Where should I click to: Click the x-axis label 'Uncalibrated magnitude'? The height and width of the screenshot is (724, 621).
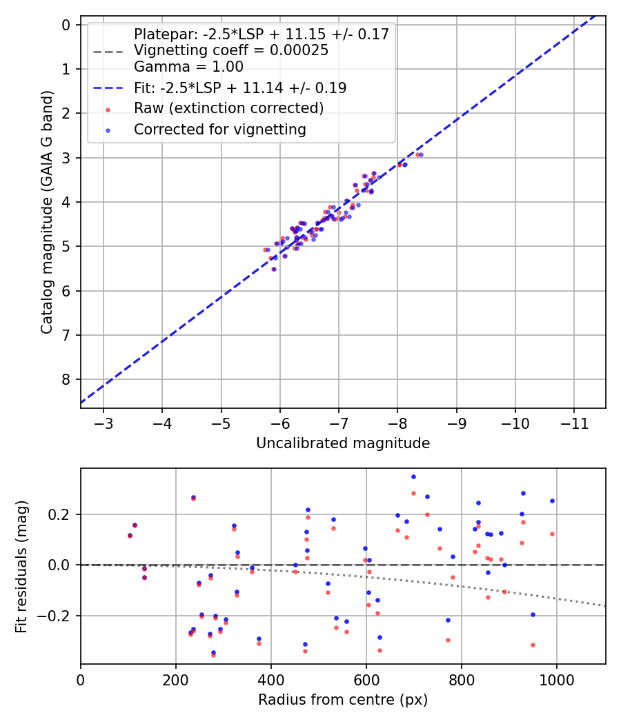coord(343,443)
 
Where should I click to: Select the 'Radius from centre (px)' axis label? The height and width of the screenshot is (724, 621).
coord(343,700)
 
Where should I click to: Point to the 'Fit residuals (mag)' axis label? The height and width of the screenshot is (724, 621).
coord(21,566)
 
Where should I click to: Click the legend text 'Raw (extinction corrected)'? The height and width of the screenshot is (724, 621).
coord(228,108)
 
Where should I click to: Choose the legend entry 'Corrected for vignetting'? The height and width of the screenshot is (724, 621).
coord(219,129)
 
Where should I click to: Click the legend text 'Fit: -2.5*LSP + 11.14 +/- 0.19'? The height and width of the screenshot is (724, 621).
coord(240,88)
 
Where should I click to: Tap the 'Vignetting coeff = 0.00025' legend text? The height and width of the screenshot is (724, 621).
coord(231,50)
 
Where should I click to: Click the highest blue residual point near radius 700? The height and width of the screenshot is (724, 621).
coord(413,476)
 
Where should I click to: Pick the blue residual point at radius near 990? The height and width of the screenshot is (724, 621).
coord(552,501)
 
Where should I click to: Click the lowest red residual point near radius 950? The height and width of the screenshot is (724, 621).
coord(533,645)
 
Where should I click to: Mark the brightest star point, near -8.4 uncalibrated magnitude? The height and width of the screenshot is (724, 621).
coord(420,154)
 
